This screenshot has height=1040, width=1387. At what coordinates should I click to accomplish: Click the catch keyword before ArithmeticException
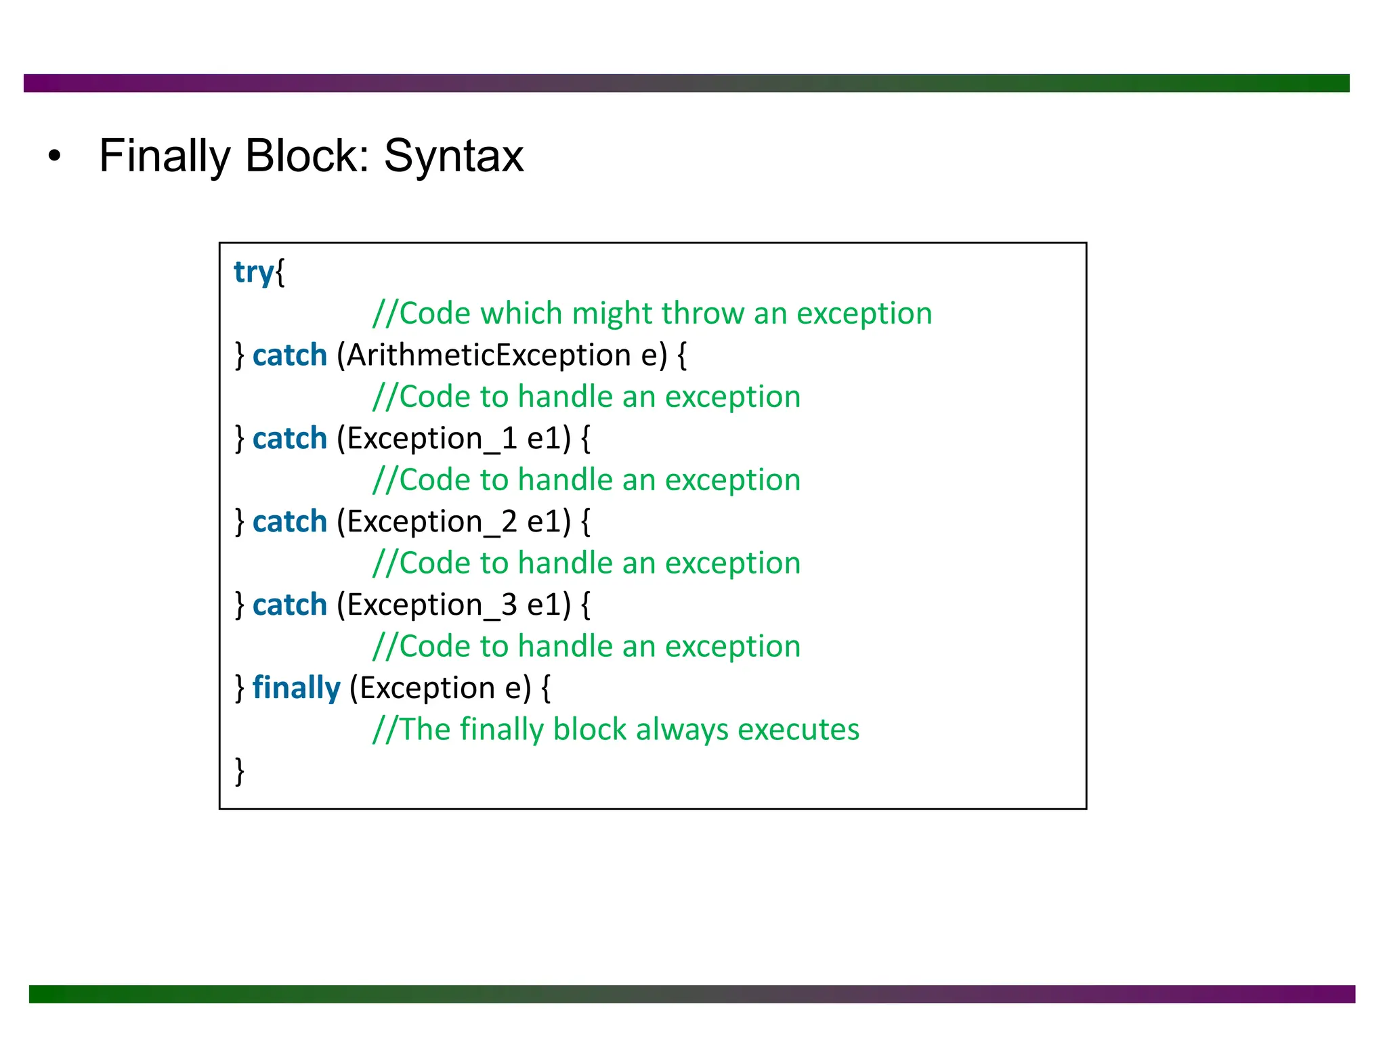[290, 355]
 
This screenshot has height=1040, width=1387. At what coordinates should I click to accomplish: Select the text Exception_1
[432, 439]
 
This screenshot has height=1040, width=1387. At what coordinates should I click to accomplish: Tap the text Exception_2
[432, 522]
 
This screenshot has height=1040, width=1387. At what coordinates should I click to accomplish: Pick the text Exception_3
[432, 605]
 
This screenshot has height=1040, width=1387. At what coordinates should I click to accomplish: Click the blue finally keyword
[296, 689]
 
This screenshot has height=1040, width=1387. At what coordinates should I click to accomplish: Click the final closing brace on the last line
[239, 771]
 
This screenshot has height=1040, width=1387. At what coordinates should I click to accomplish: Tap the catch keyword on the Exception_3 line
[290, 605]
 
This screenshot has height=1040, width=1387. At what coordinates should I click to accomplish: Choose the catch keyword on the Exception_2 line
[290, 522]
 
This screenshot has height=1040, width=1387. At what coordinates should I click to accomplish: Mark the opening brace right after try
[280, 273]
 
